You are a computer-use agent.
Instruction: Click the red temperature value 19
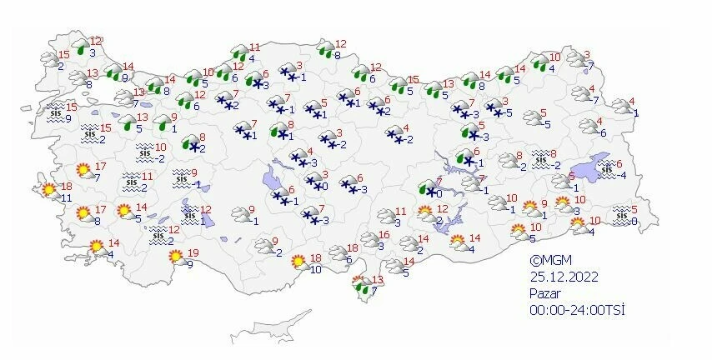point(193,253)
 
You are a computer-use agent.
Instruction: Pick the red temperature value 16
point(384,236)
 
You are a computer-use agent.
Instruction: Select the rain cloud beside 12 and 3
point(82,47)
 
